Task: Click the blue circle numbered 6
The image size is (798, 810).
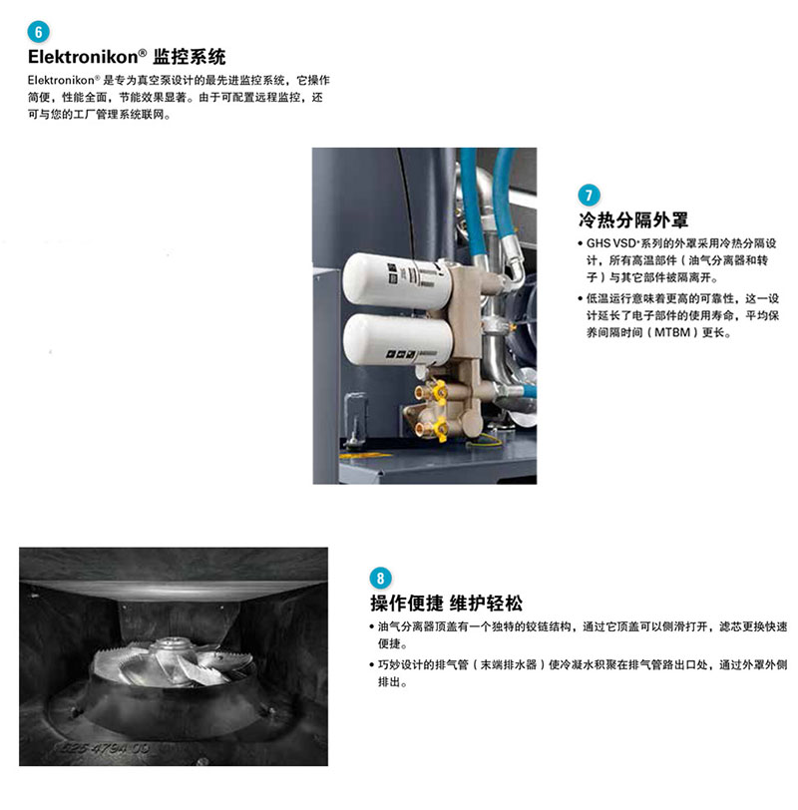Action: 38,32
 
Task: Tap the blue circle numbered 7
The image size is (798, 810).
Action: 589,196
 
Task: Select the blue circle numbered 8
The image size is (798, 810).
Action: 381,578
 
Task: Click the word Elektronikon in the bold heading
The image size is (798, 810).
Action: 83,57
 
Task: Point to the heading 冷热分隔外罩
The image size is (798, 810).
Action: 633,220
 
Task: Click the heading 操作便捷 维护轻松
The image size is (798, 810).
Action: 446,603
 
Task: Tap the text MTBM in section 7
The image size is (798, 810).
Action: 672,333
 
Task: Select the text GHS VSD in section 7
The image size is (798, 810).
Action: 611,243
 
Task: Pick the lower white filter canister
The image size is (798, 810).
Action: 398,339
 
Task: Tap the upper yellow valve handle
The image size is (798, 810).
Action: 440,393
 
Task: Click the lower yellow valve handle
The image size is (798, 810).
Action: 440,430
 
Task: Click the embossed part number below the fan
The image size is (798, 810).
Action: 105,747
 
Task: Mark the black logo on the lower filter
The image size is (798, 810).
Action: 401,354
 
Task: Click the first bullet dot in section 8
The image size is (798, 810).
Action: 372,627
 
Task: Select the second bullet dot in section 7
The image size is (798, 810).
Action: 581,298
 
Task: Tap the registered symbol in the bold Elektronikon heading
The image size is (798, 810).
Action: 143,52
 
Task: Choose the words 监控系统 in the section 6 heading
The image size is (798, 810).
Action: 190,57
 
